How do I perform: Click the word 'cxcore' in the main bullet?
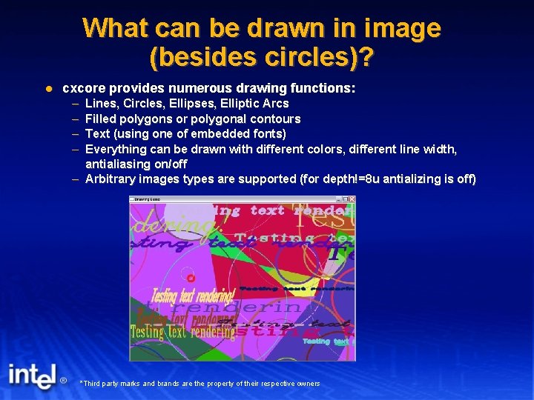[x=82, y=88]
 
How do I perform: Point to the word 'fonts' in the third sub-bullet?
[x=267, y=133]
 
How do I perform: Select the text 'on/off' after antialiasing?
[x=170, y=164]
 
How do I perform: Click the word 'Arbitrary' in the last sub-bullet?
[x=111, y=179]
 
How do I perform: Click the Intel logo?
[x=32, y=376]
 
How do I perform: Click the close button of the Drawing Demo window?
[x=352, y=199]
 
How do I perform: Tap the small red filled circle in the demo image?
[x=191, y=279]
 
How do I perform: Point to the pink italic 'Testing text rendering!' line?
[x=194, y=296]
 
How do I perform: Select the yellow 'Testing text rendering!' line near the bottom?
[x=182, y=332]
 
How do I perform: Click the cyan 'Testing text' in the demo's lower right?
[x=326, y=341]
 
